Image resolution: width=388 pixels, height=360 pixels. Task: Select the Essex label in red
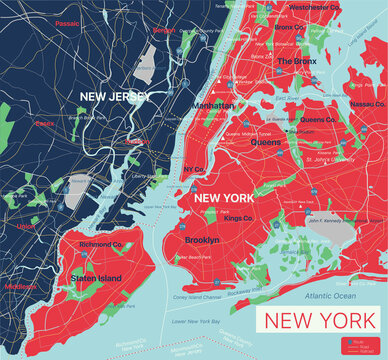pyautogui.click(x=44, y=124)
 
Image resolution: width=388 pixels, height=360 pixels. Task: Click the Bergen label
pyautogui.click(x=164, y=31)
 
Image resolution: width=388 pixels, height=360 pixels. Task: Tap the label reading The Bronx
pyautogui.click(x=297, y=61)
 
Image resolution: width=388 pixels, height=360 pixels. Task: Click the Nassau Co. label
pyautogui.click(x=366, y=103)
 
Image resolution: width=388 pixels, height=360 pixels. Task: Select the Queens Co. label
pyautogui.click(x=318, y=119)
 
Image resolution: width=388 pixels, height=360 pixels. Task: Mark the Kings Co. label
pyautogui.click(x=238, y=217)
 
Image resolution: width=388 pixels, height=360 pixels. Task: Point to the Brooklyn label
pyautogui.click(x=203, y=240)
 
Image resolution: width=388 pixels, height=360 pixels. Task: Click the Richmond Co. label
pyautogui.click(x=100, y=243)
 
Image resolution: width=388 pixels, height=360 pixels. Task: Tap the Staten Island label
pyautogui.click(x=96, y=278)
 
